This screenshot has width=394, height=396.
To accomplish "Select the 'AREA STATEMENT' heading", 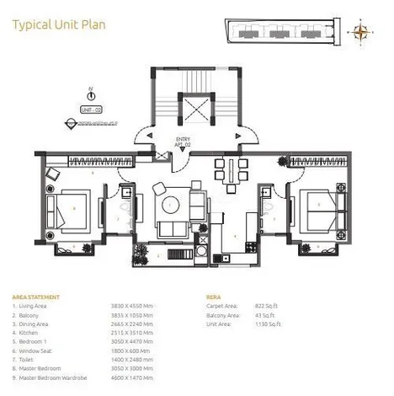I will [35, 297].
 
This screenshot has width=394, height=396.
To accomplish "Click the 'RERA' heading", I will [214, 297].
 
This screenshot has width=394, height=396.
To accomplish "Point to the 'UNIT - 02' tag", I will [91, 110].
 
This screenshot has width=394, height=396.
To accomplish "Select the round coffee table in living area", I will [172, 203].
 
